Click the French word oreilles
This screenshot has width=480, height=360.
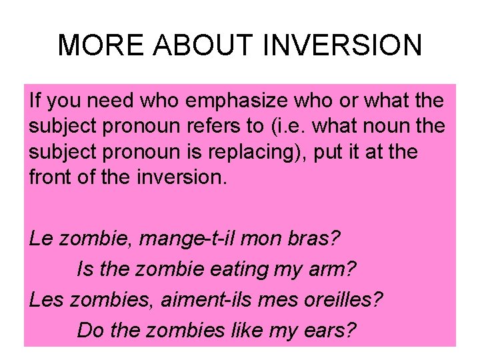(x=349, y=299)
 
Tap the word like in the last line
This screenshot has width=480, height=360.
(x=249, y=329)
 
